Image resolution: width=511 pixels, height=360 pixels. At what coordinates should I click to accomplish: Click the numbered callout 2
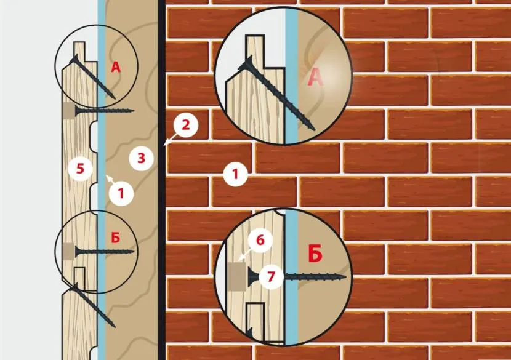coord(185,126)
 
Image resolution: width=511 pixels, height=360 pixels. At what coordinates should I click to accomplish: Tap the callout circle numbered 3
coord(141,158)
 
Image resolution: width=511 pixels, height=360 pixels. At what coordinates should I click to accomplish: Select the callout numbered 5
coord(80,169)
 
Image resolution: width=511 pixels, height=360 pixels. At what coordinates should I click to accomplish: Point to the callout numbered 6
coord(260,241)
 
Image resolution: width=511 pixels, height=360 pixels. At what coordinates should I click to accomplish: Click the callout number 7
coord(271,276)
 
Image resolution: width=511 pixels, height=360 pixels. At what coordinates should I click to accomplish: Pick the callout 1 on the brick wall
coord(235,174)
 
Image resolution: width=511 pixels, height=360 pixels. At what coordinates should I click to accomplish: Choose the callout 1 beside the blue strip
coord(121,193)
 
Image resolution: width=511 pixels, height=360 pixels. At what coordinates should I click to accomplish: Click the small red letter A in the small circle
coord(116,67)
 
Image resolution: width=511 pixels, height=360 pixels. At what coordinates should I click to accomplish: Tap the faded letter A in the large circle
coord(315,78)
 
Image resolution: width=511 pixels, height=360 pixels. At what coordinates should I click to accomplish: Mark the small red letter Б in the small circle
coord(116,238)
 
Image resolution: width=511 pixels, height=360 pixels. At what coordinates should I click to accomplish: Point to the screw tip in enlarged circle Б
coord(346,278)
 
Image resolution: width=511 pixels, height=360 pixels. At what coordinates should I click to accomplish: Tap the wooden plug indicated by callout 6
coord(236,277)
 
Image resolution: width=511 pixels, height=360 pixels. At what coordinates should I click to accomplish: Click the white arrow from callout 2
coord(171,138)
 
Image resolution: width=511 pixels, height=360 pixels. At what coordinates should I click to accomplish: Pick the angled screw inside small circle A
coord(92,77)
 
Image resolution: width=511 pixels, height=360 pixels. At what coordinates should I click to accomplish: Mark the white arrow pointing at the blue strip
coord(110,178)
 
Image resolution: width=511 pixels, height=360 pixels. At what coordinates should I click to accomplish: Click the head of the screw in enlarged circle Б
coord(253,277)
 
